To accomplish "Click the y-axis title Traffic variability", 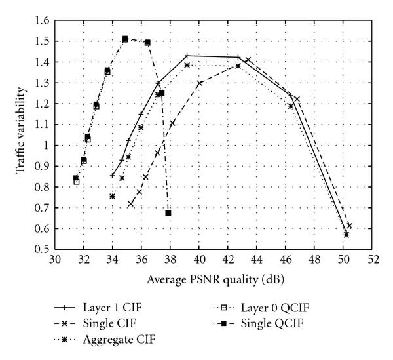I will (x=22, y=135).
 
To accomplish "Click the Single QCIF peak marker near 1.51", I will (x=125, y=39).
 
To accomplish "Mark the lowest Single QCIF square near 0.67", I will (x=168, y=213).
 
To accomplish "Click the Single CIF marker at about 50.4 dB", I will (x=349, y=226).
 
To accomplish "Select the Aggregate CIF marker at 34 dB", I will (x=112, y=196).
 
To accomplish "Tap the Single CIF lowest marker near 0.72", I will (x=130, y=204).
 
